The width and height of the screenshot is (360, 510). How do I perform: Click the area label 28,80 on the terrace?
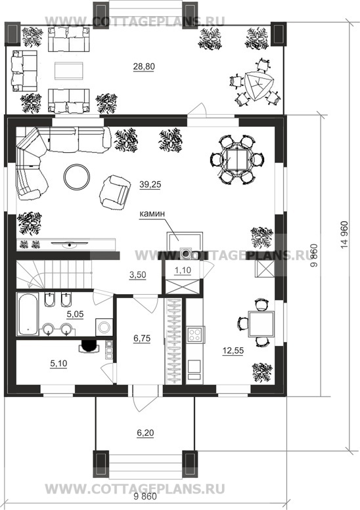coord(144,67)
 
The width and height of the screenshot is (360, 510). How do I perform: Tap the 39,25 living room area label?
coord(150,184)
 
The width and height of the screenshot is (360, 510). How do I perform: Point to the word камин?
coord(152,214)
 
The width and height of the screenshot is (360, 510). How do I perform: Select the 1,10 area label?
coord(183,270)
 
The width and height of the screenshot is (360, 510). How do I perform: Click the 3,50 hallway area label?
coord(138,275)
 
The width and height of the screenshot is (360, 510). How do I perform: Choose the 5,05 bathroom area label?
coord(75,314)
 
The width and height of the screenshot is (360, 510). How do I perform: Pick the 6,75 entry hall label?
coord(142,339)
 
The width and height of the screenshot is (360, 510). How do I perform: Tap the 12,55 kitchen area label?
coord(233,351)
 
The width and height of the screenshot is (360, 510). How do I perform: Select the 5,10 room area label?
coord(58,364)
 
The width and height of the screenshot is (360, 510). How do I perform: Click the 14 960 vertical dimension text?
coord(345,236)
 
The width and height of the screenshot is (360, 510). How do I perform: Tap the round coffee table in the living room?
coord(77,178)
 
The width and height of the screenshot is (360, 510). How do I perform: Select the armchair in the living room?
coord(114,192)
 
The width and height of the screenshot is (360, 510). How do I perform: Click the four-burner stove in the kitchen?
coord(195,335)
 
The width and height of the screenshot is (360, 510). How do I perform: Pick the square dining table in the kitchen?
coord(261,324)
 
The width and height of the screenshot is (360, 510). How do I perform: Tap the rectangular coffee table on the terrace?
coord(69,70)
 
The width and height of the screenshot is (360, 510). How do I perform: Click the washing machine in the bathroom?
coord(104,327)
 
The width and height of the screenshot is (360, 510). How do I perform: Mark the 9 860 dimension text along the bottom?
coord(145,497)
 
